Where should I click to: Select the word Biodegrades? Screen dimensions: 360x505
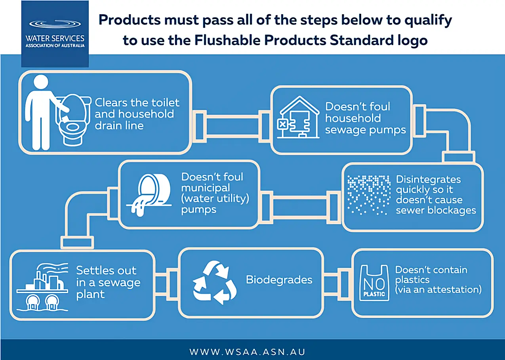coord(279,280)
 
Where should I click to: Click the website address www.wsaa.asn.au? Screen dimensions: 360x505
coord(247,352)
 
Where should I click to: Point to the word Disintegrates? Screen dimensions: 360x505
coord(428,179)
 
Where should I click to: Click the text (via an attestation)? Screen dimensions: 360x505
coord(438,290)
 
